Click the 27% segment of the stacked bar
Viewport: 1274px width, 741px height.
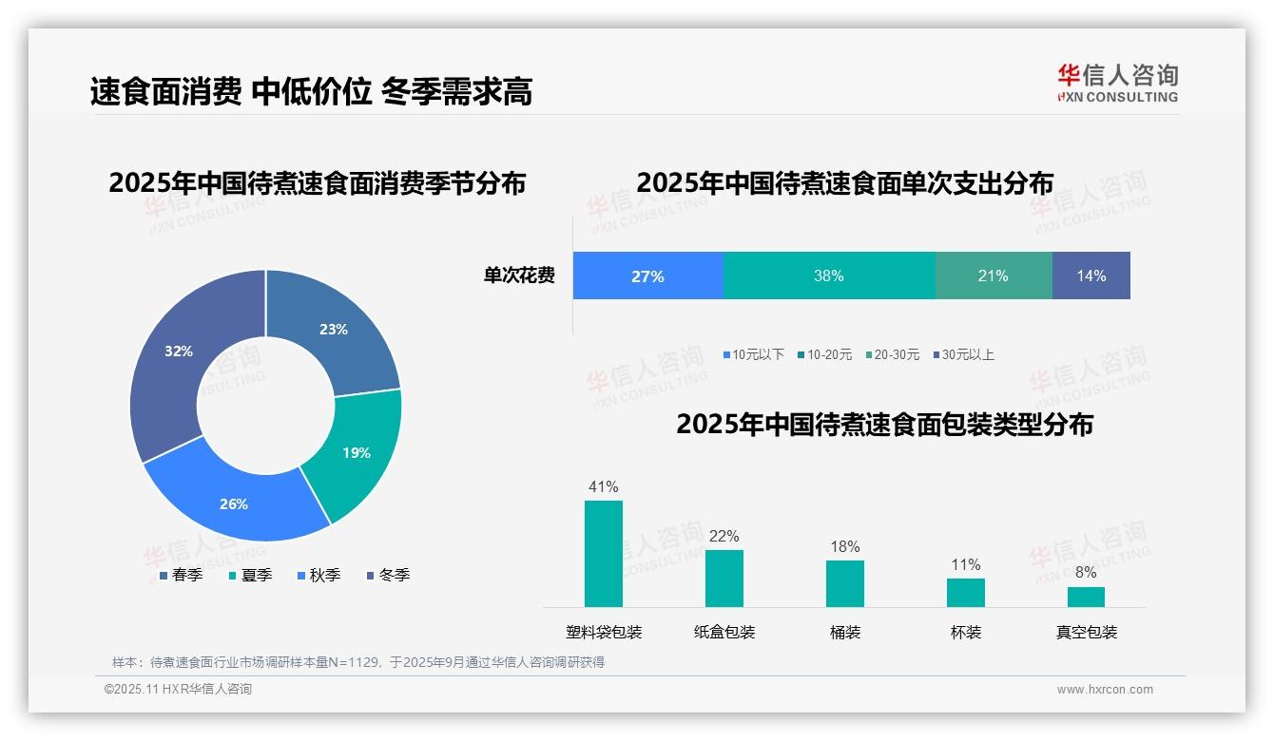tap(647, 276)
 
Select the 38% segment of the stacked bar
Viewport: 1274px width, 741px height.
tap(829, 276)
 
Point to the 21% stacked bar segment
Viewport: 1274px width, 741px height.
tap(994, 276)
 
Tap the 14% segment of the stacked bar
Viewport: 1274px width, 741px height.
tap(1091, 276)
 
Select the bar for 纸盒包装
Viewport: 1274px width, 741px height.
tap(724, 579)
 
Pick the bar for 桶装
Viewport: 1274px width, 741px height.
tap(845, 583)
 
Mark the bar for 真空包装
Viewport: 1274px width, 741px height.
tap(1086, 597)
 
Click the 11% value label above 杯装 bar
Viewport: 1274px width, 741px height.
tap(966, 565)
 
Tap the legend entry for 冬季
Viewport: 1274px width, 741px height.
tap(389, 576)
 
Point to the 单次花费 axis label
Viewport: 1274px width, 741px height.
tap(519, 276)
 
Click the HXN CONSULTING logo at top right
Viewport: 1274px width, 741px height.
tap(1117, 84)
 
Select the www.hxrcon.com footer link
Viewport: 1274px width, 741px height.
tap(1105, 690)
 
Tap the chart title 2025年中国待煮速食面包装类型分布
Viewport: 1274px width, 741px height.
tap(884, 425)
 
